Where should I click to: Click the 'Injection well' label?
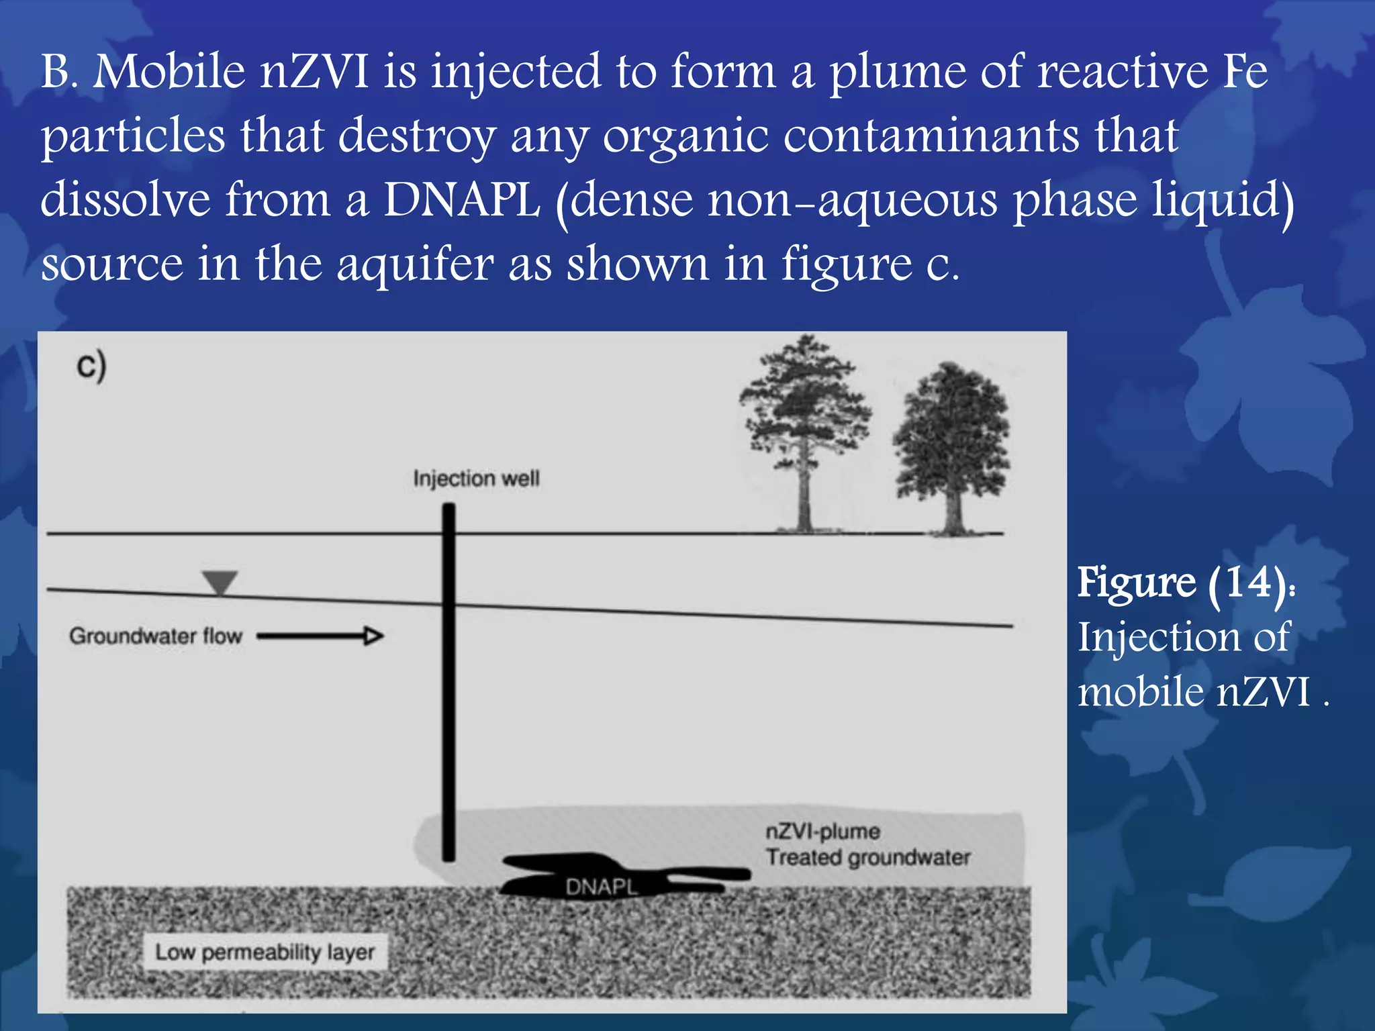pos(476,479)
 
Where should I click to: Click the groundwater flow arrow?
pos(320,636)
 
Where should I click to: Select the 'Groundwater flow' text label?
pos(156,636)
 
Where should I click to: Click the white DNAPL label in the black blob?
pos(601,887)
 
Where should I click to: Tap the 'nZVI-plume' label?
pos(822,832)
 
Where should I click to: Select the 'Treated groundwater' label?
pos(868,857)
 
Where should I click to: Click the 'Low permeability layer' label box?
pos(265,952)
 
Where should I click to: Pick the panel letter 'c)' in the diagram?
pos(91,366)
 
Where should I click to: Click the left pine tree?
pos(804,430)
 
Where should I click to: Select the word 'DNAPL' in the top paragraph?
pos(462,200)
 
